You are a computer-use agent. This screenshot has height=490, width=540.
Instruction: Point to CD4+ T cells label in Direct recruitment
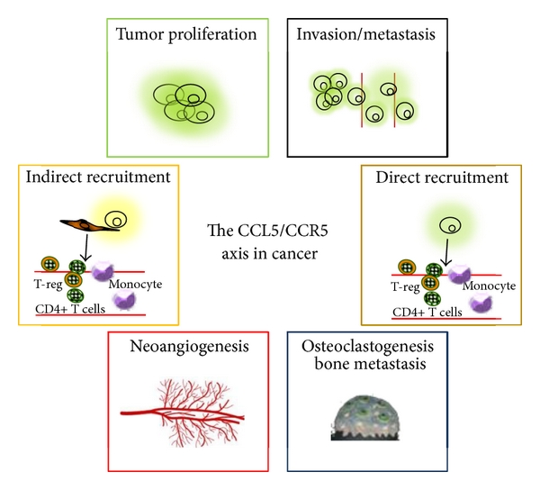(427, 311)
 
